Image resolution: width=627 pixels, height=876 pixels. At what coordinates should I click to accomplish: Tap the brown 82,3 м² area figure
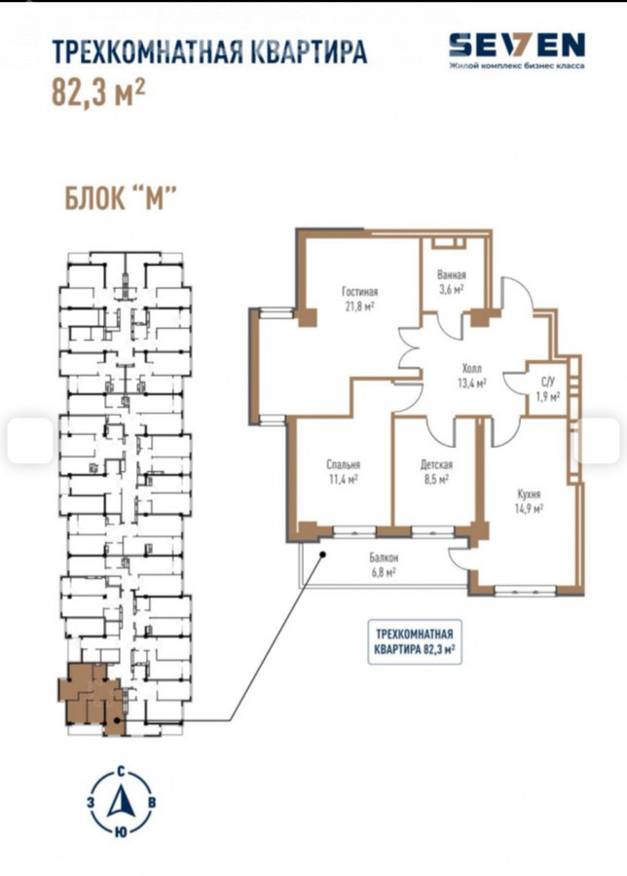tap(98, 92)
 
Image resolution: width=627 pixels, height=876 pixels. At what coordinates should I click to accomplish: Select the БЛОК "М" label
tap(121, 199)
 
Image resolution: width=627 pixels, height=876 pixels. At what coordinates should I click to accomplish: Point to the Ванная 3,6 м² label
tap(452, 282)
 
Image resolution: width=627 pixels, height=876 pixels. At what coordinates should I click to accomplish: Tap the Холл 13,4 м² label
tap(471, 376)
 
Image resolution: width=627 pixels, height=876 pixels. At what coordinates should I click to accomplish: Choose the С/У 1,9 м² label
tap(547, 389)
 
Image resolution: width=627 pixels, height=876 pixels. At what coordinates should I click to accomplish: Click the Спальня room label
tap(343, 464)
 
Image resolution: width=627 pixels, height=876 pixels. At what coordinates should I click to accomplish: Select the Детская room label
tap(436, 464)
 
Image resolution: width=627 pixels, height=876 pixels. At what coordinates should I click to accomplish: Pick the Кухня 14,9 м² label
tap(529, 501)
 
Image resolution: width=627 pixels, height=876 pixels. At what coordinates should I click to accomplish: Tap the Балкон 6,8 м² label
tap(384, 565)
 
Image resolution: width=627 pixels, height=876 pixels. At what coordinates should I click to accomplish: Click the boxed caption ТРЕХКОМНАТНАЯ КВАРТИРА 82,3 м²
tap(415, 641)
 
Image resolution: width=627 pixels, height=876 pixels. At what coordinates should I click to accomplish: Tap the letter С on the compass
tap(121, 773)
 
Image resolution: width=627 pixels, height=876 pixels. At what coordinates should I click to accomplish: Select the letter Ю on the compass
tap(120, 832)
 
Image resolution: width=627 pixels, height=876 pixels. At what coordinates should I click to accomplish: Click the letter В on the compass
tap(152, 803)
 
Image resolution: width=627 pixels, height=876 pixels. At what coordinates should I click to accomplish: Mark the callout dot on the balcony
tap(323, 554)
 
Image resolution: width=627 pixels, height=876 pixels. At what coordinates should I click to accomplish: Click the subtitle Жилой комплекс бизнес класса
tap(517, 66)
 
